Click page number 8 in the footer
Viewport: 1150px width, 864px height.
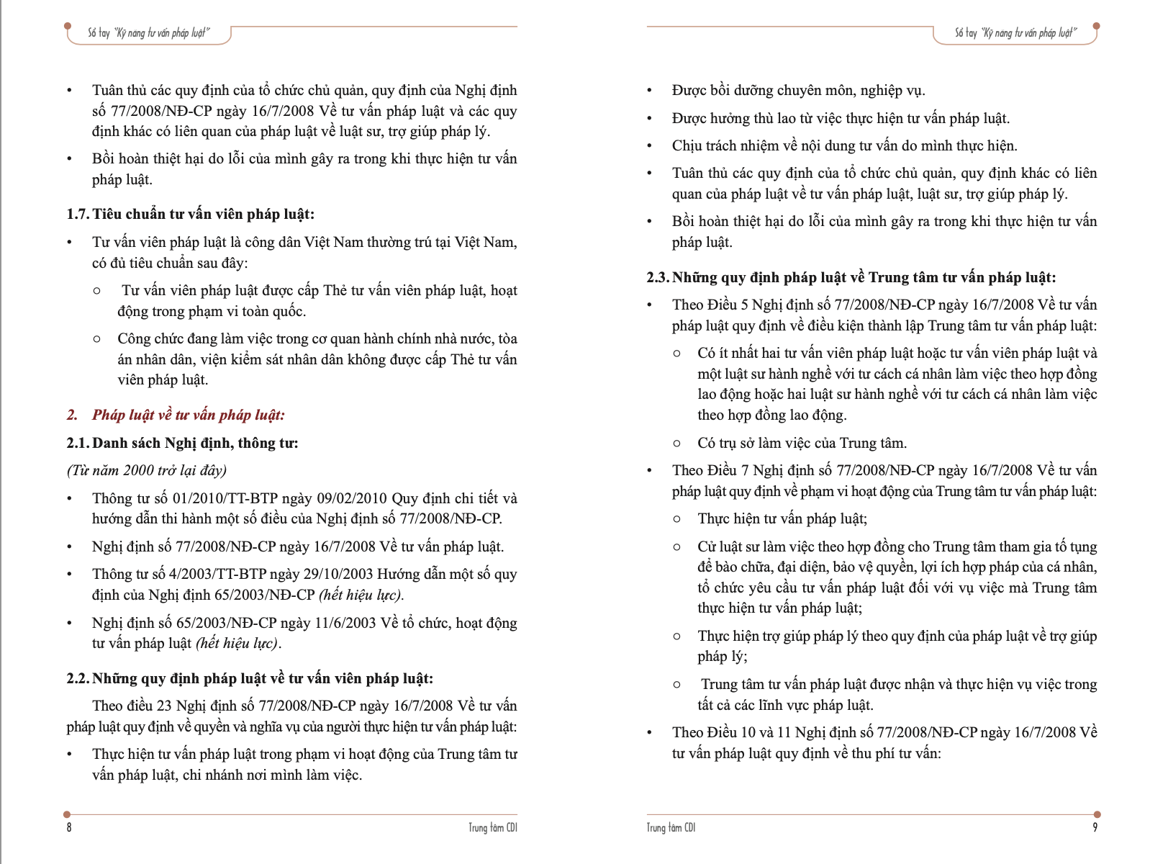(x=69, y=827)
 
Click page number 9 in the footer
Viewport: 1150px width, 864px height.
(x=1095, y=827)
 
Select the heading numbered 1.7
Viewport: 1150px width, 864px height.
(x=191, y=214)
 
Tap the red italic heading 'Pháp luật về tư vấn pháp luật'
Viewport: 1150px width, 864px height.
(x=188, y=415)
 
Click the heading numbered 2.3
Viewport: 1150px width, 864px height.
(x=851, y=277)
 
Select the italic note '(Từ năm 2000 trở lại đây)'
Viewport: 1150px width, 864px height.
(x=147, y=470)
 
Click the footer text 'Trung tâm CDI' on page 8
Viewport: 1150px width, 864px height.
(x=492, y=827)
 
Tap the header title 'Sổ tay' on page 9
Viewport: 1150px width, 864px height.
(x=965, y=33)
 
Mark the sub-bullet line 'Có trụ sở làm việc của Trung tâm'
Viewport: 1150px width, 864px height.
(x=802, y=443)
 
